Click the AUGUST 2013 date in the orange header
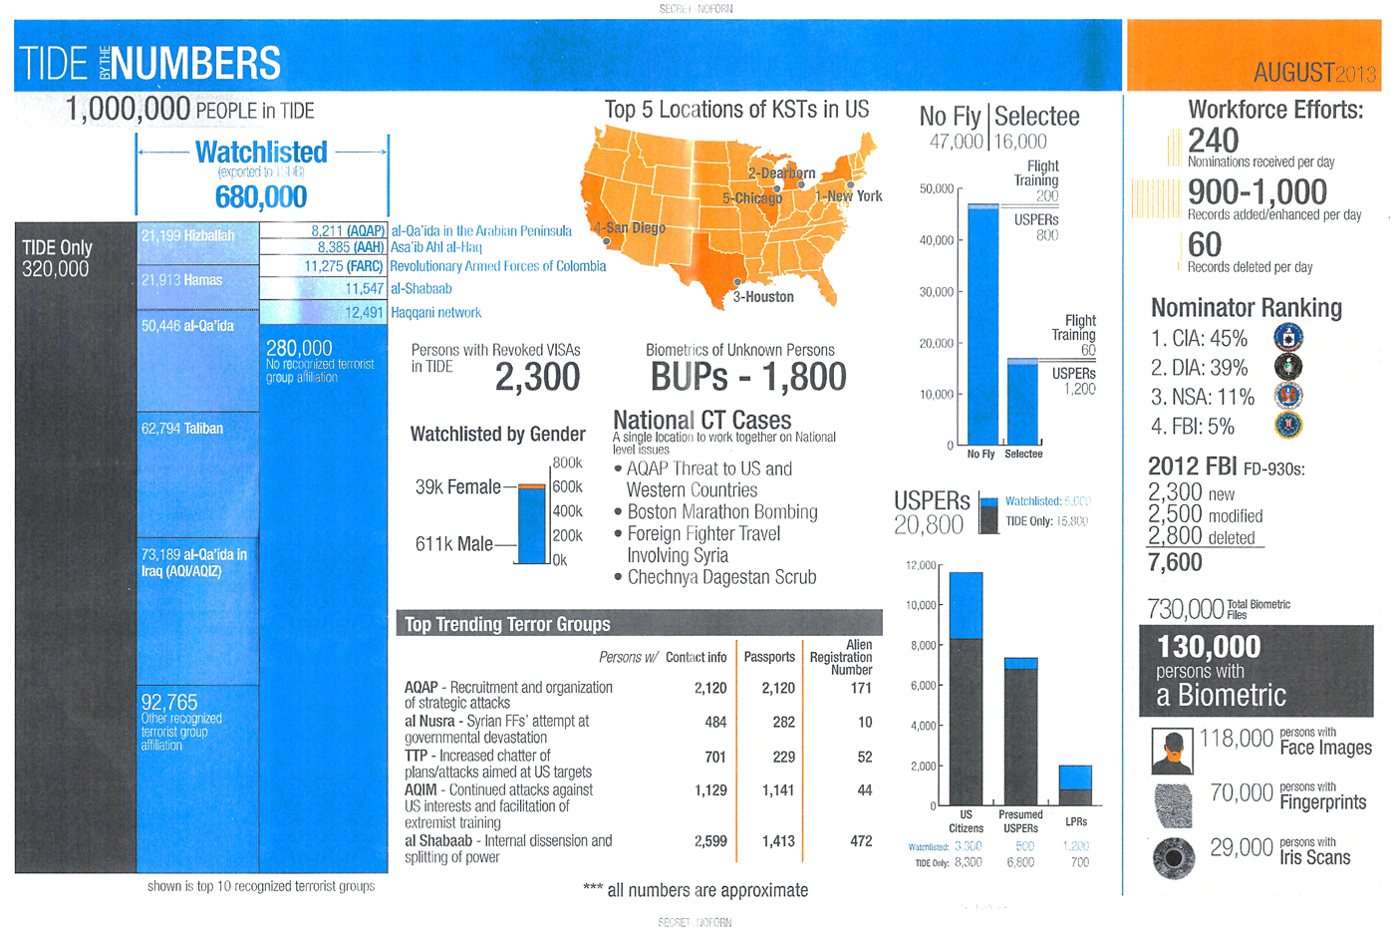[1313, 73]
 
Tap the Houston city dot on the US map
[737, 282]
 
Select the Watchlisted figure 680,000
[261, 196]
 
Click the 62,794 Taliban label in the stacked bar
[182, 429]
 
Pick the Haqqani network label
[435, 313]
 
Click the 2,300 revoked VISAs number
[537, 377]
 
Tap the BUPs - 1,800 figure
[748, 377]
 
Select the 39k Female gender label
[457, 486]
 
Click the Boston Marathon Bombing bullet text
[722, 511]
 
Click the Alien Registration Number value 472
[861, 841]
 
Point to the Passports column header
[769, 657]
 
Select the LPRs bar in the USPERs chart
[1075, 784]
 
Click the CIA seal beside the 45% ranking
[1288, 338]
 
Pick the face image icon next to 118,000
[1173, 751]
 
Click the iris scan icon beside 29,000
[1174, 857]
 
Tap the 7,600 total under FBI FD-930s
[1176, 563]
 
